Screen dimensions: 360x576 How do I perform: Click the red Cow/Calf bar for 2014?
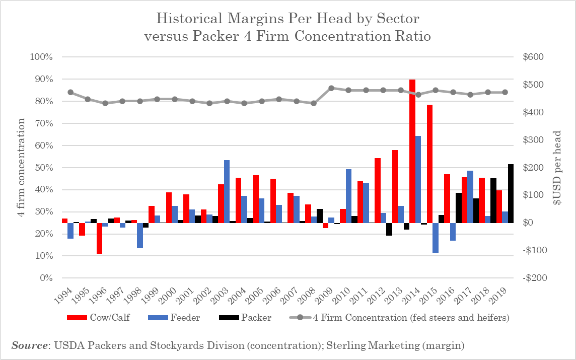click(412, 151)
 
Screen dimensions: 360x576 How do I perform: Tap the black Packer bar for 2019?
click(511, 193)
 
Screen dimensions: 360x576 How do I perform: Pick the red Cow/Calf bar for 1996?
click(100, 238)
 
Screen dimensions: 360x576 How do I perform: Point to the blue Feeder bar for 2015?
click(436, 238)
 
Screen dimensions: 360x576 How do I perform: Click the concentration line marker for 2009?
click(331, 88)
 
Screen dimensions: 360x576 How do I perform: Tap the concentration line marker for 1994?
click(70, 92)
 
